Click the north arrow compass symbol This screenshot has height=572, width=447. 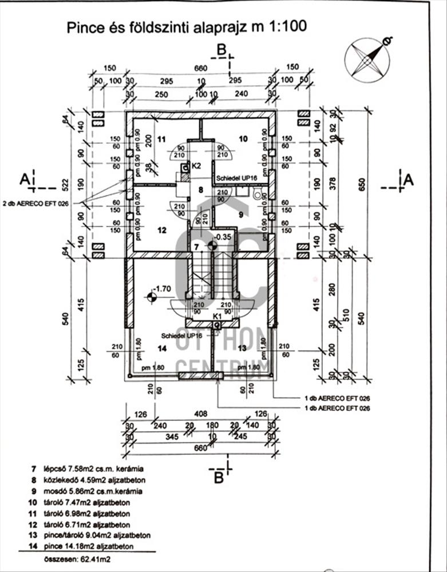(x=367, y=59)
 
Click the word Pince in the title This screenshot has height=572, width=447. (x=85, y=26)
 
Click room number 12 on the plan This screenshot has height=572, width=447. (x=161, y=231)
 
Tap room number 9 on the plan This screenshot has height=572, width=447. (x=241, y=214)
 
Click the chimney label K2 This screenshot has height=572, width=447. (x=196, y=166)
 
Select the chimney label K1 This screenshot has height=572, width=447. (x=217, y=316)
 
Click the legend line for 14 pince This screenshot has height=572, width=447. (x=86, y=546)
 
